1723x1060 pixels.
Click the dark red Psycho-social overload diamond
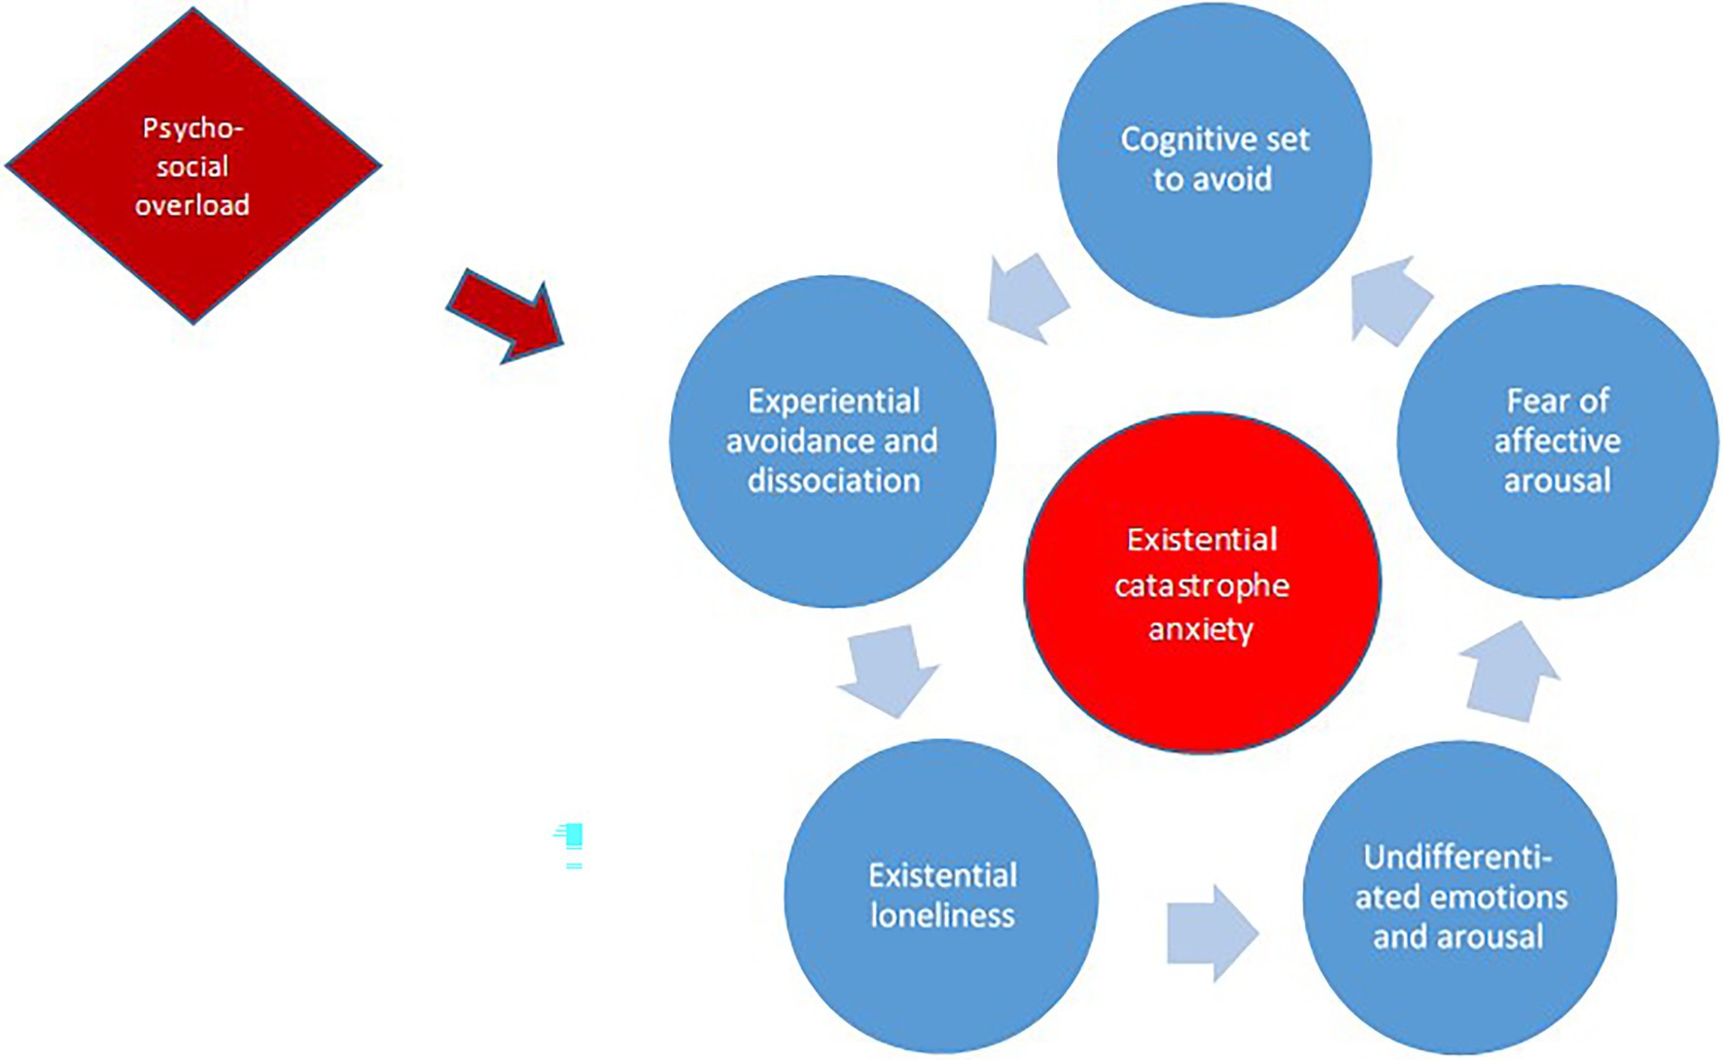tap(193, 165)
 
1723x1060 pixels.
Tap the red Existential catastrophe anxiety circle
tap(1202, 583)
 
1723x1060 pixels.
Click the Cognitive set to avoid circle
tap(1213, 160)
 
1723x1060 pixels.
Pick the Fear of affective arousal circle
tap(1557, 441)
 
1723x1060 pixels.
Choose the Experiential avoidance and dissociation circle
tap(832, 441)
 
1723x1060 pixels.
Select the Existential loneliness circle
tap(941, 895)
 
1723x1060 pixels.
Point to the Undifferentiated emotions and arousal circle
tap(1459, 897)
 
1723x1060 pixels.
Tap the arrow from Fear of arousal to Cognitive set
tap(1390, 300)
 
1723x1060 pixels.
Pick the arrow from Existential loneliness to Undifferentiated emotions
tap(1212, 934)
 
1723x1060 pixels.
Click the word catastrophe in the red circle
tap(1202, 585)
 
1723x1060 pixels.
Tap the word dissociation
tap(833, 480)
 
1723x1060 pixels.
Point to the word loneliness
tap(942, 915)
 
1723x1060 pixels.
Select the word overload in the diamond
tap(193, 205)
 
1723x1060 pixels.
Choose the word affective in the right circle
tap(1557, 441)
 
